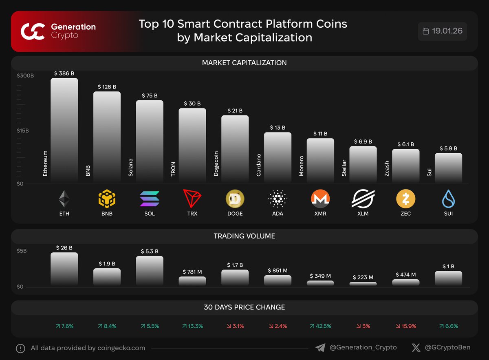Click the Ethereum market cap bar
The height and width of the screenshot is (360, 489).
[x=64, y=130]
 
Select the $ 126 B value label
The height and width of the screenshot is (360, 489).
[x=107, y=87]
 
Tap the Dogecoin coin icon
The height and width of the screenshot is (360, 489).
[x=235, y=199]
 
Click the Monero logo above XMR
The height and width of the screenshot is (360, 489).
[x=320, y=199]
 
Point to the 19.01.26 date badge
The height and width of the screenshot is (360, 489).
[x=443, y=31]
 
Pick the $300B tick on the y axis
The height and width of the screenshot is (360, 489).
[x=25, y=76]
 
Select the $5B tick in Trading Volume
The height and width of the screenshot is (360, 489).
[x=22, y=251]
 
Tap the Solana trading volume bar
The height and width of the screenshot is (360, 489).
[x=150, y=271]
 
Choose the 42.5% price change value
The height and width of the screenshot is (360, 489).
[x=320, y=326]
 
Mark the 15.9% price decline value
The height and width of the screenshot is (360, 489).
[x=406, y=326]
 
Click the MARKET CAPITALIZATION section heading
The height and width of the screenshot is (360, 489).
[x=244, y=63]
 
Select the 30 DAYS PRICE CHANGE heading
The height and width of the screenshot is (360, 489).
[x=244, y=307]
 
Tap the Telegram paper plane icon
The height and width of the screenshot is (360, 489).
[x=320, y=348]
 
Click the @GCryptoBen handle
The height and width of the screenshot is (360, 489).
[x=447, y=348]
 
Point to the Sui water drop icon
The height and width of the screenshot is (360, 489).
[x=448, y=199]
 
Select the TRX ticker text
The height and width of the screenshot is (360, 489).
[x=192, y=214]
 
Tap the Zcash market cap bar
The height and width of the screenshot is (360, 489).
[x=406, y=166]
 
